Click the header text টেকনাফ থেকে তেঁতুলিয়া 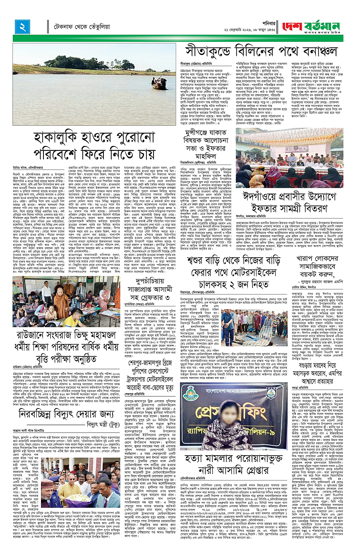click(81, 27)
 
